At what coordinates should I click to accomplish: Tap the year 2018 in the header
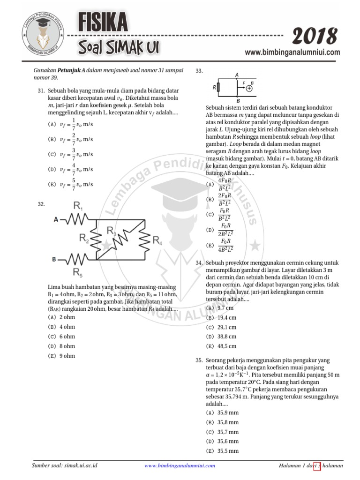coord(315,37)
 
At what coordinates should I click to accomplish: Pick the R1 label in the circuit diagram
coord(78,205)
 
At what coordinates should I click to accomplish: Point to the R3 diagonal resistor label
coord(111,230)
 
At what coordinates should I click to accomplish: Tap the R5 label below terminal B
coord(77,272)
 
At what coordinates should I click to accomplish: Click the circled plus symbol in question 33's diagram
coord(249,88)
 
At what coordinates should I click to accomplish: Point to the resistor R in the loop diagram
coord(219,87)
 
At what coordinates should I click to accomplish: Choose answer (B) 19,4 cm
coord(221,317)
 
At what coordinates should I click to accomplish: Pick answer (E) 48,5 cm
coord(221,346)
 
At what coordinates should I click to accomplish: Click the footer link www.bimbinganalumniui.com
coord(180,465)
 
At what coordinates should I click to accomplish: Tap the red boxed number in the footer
coord(317,465)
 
